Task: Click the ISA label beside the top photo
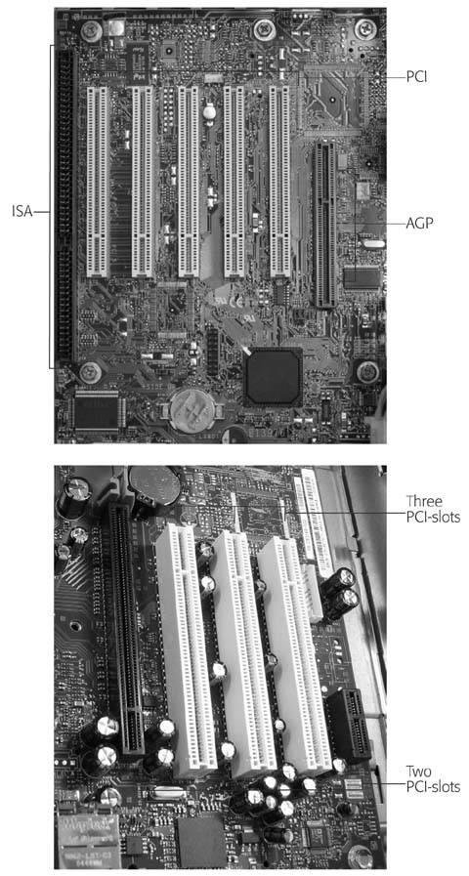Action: (22, 212)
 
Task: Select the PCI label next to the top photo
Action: (416, 76)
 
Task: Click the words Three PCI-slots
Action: (433, 509)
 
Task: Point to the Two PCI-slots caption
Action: (433, 779)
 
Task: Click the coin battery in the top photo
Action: (192, 410)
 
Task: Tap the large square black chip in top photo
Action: (274, 377)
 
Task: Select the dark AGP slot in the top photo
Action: (324, 224)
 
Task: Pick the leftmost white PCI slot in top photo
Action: (98, 182)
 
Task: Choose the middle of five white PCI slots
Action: (189, 182)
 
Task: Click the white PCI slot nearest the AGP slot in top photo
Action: (279, 182)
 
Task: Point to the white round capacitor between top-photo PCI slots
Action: (210, 111)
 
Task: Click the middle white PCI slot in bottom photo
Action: (243, 654)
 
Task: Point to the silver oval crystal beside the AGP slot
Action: (371, 243)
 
